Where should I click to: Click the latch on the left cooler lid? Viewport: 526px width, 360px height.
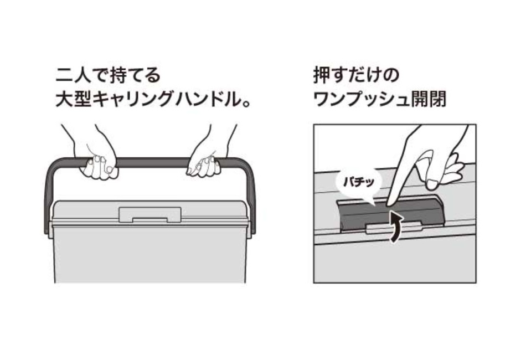click(150, 215)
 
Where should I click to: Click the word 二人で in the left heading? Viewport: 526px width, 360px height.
click(78, 75)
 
